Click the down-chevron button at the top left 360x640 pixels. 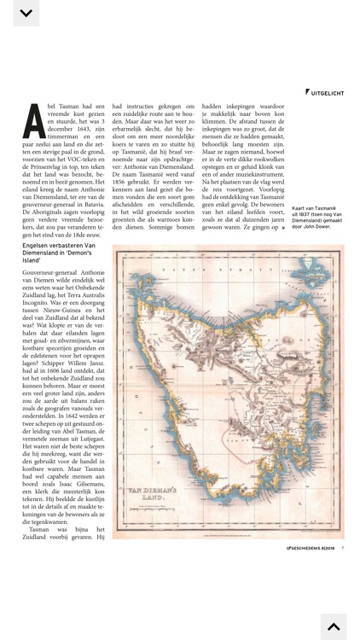(26, 13)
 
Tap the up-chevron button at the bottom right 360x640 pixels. (334, 626)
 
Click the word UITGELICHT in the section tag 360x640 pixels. (328, 91)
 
